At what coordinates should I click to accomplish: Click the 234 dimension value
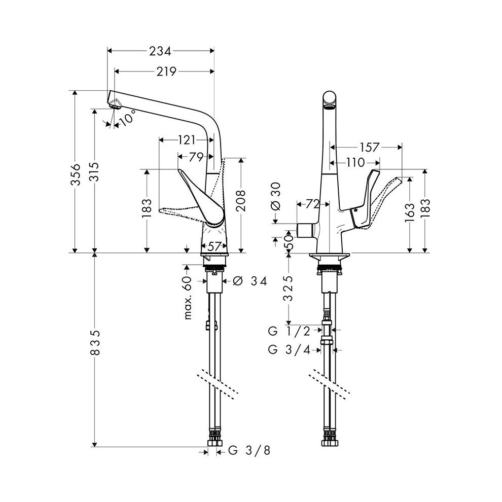coord(160,51)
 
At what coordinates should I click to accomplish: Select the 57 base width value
coord(215,246)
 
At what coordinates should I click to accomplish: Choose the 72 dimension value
coord(313,204)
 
